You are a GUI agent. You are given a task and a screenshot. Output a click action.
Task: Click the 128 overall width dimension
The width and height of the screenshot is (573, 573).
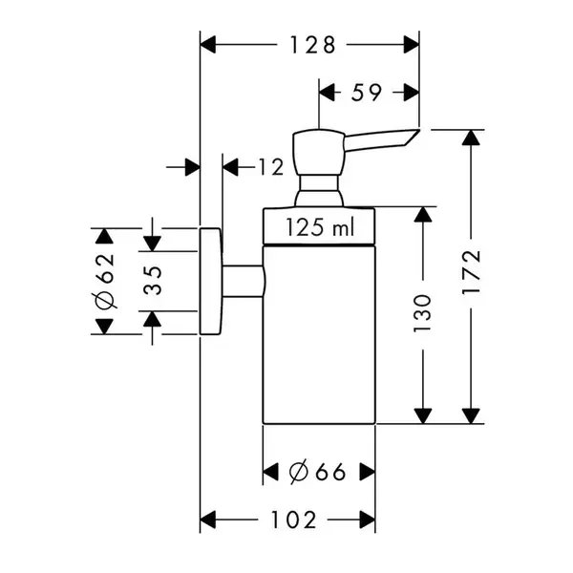312,45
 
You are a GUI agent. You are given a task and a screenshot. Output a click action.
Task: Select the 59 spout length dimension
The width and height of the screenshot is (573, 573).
367,92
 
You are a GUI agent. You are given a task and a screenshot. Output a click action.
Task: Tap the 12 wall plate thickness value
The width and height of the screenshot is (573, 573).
271,167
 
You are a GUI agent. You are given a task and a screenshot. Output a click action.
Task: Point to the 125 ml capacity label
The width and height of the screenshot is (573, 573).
320,227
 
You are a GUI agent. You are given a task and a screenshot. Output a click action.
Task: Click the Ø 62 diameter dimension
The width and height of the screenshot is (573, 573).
105,281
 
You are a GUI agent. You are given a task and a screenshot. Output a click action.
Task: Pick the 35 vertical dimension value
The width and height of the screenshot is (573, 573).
153,281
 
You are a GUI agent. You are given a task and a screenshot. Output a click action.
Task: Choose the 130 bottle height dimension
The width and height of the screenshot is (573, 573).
422,313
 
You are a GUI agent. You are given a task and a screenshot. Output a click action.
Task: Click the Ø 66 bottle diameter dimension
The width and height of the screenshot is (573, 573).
317,472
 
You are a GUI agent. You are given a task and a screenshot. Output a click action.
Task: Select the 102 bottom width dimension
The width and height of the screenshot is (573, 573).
293,520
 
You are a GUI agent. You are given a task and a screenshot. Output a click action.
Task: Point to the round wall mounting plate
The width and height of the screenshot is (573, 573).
210,281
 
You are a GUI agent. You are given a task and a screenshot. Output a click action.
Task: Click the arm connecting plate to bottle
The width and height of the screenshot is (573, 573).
243,281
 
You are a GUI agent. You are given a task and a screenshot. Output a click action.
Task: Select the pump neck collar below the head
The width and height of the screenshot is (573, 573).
319,190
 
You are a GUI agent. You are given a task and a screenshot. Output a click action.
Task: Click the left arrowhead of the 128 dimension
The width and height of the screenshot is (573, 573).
208,45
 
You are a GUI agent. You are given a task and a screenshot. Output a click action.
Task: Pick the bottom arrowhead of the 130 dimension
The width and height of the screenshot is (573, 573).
422,416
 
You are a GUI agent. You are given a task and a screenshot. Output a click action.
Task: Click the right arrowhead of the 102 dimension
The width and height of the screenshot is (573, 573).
368,520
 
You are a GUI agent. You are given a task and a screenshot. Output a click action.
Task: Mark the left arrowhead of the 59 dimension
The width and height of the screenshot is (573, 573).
327,92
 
